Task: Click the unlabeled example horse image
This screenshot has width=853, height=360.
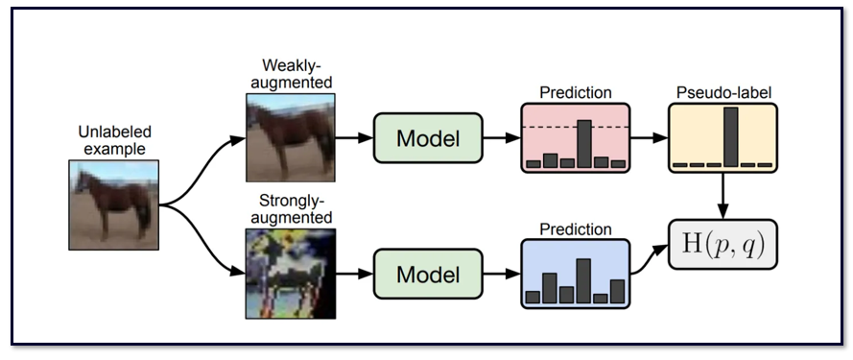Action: (113, 204)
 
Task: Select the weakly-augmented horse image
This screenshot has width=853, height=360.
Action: (291, 137)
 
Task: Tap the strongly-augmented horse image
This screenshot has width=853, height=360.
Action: (291, 274)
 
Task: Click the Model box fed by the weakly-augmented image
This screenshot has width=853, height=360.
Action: (428, 138)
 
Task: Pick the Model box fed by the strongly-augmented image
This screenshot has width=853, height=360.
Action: (428, 274)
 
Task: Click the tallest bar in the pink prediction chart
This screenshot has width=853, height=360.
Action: (584, 144)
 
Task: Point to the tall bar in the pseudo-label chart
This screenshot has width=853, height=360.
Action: (730, 136)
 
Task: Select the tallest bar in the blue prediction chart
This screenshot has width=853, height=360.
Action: (583, 280)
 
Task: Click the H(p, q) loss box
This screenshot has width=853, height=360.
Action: (723, 244)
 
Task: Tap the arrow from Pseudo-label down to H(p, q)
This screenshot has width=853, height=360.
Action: (723, 196)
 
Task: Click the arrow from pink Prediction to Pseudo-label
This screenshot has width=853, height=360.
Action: (649, 138)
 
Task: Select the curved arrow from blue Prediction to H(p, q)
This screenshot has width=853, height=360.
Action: (649, 258)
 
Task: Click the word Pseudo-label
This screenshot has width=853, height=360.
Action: (723, 93)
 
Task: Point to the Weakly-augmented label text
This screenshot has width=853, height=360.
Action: (292, 74)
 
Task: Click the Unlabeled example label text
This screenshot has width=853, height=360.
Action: (115, 140)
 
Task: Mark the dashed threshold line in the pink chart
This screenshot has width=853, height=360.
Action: (576, 128)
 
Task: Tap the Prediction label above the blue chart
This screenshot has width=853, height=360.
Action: (576, 229)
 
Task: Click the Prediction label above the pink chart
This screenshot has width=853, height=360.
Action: (576, 93)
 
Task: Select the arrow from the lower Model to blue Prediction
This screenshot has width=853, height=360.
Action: (502, 274)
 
